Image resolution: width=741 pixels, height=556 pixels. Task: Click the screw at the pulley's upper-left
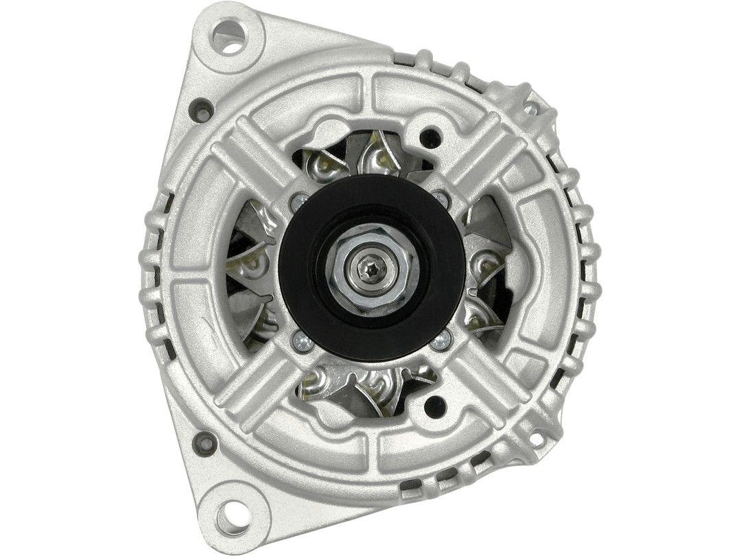coord(299,200)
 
